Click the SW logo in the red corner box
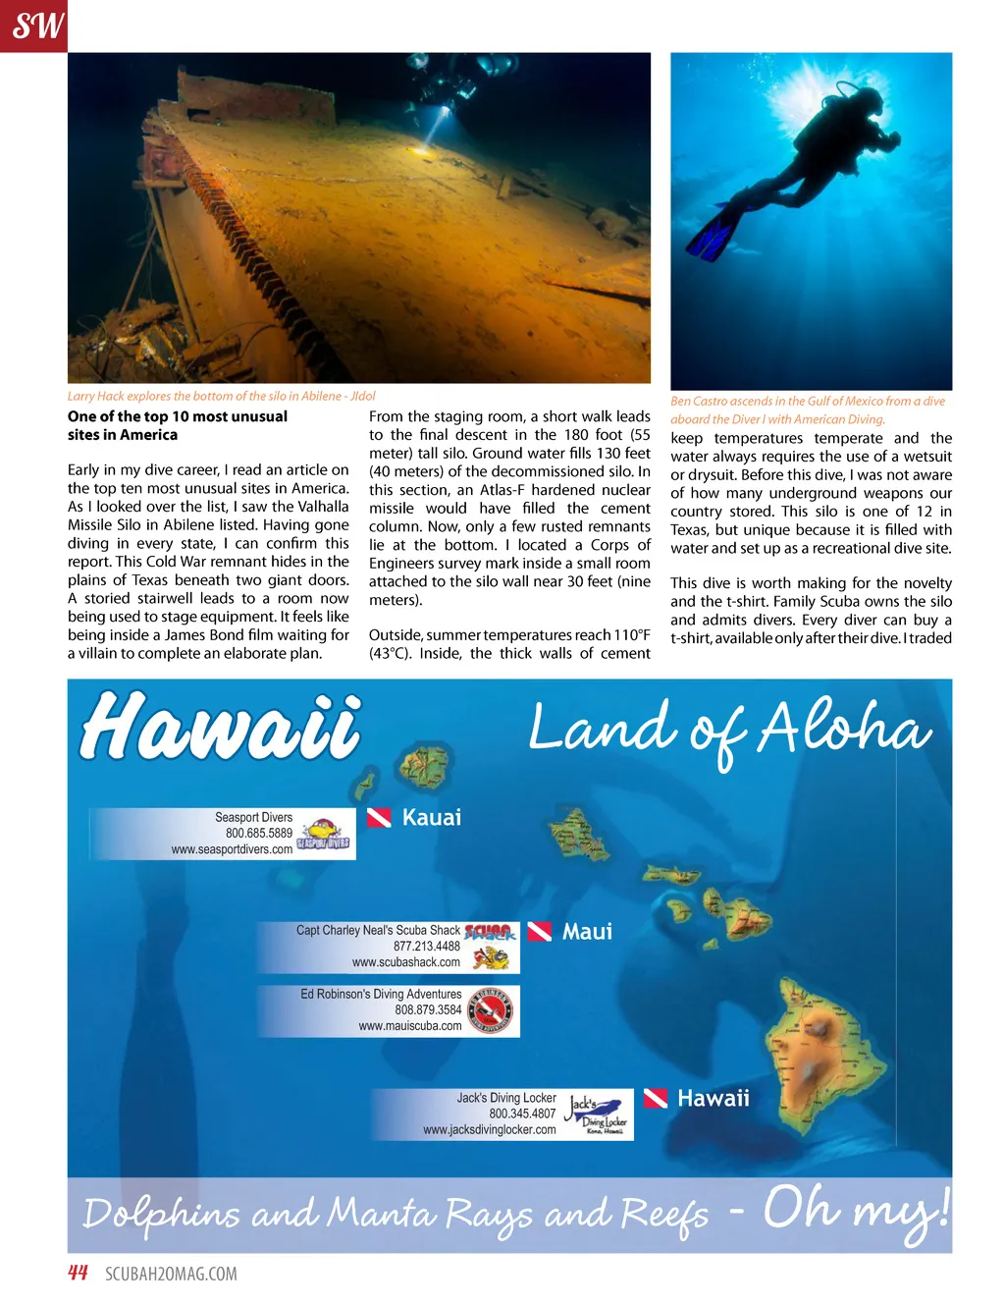coord(37,25)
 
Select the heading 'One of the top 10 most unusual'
coord(178,416)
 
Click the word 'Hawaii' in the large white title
coord(221,727)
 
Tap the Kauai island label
coord(431,817)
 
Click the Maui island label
coord(587,931)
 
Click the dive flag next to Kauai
coord(379,817)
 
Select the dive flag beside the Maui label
coord(539,931)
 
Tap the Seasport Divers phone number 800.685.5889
coord(259,833)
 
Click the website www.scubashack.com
coord(405,962)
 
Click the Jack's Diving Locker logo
coord(598,1114)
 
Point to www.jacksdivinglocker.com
coord(489,1129)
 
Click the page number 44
coord(78,1273)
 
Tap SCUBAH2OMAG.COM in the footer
coord(171,1274)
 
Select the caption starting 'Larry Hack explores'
coord(221,396)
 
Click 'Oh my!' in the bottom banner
coord(856,1211)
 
